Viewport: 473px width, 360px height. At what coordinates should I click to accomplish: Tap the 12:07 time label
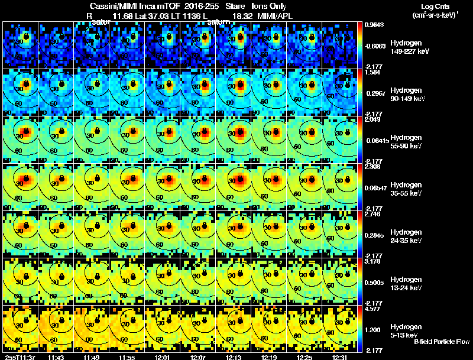tap(199, 356)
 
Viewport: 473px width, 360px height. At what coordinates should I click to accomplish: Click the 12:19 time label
tap(270, 356)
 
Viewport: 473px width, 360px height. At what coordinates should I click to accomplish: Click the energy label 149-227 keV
tap(409, 51)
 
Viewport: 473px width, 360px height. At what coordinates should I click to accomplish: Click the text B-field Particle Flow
tap(441, 342)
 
